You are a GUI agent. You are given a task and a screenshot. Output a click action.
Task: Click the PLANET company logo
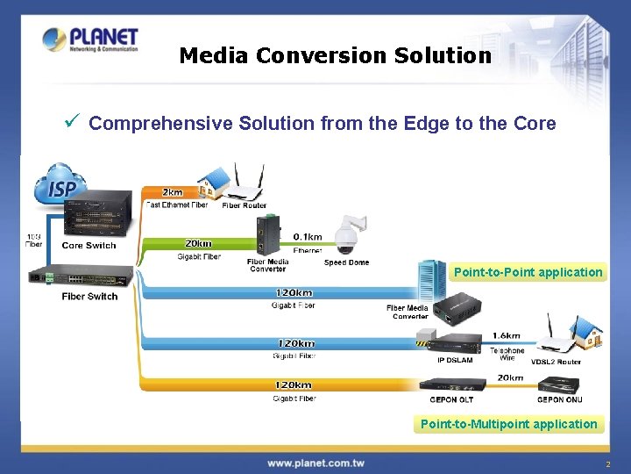tap(90, 40)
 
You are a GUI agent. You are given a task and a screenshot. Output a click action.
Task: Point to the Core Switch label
tap(89, 246)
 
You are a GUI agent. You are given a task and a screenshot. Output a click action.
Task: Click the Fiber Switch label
tap(89, 297)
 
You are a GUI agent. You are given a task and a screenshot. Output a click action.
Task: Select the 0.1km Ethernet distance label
tap(307, 237)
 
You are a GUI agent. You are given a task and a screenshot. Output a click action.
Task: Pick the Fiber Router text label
tap(244, 205)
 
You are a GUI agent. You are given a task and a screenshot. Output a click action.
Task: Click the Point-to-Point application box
tap(528, 272)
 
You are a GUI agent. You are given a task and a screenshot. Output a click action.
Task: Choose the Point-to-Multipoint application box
tap(508, 424)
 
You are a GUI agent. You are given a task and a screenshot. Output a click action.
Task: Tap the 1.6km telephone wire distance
tap(507, 335)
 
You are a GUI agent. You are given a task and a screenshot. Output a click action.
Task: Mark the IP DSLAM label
tap(456, 360)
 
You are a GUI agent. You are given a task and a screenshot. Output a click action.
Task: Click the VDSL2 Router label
tap(556, 361)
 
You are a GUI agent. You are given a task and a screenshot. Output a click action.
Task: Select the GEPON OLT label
tap(452, 399)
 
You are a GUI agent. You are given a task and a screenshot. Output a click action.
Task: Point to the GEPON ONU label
tap(560, 399)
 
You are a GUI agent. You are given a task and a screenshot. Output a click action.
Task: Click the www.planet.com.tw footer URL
tap(315, 463)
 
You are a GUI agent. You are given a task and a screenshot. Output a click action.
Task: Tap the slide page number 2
tap(607, 463)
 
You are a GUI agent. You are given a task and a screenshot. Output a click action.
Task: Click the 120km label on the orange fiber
tap(294, 384)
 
